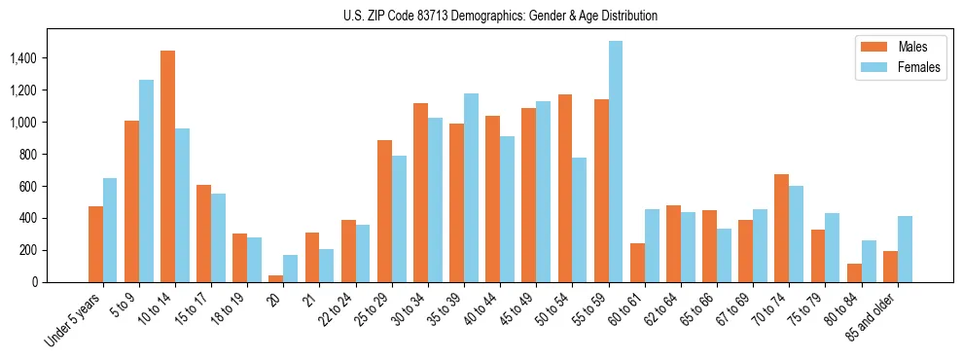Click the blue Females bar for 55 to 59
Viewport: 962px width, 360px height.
coord(616,162)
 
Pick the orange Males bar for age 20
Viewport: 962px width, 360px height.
coord(276,278)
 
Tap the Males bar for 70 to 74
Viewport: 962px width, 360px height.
coord(782,228)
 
